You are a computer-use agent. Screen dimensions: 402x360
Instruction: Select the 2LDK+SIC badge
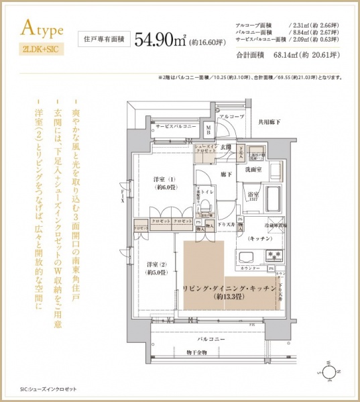(41, 49)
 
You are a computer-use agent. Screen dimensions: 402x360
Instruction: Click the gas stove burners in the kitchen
(274, 255)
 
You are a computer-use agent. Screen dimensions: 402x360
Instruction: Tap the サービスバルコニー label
(176, 126)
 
